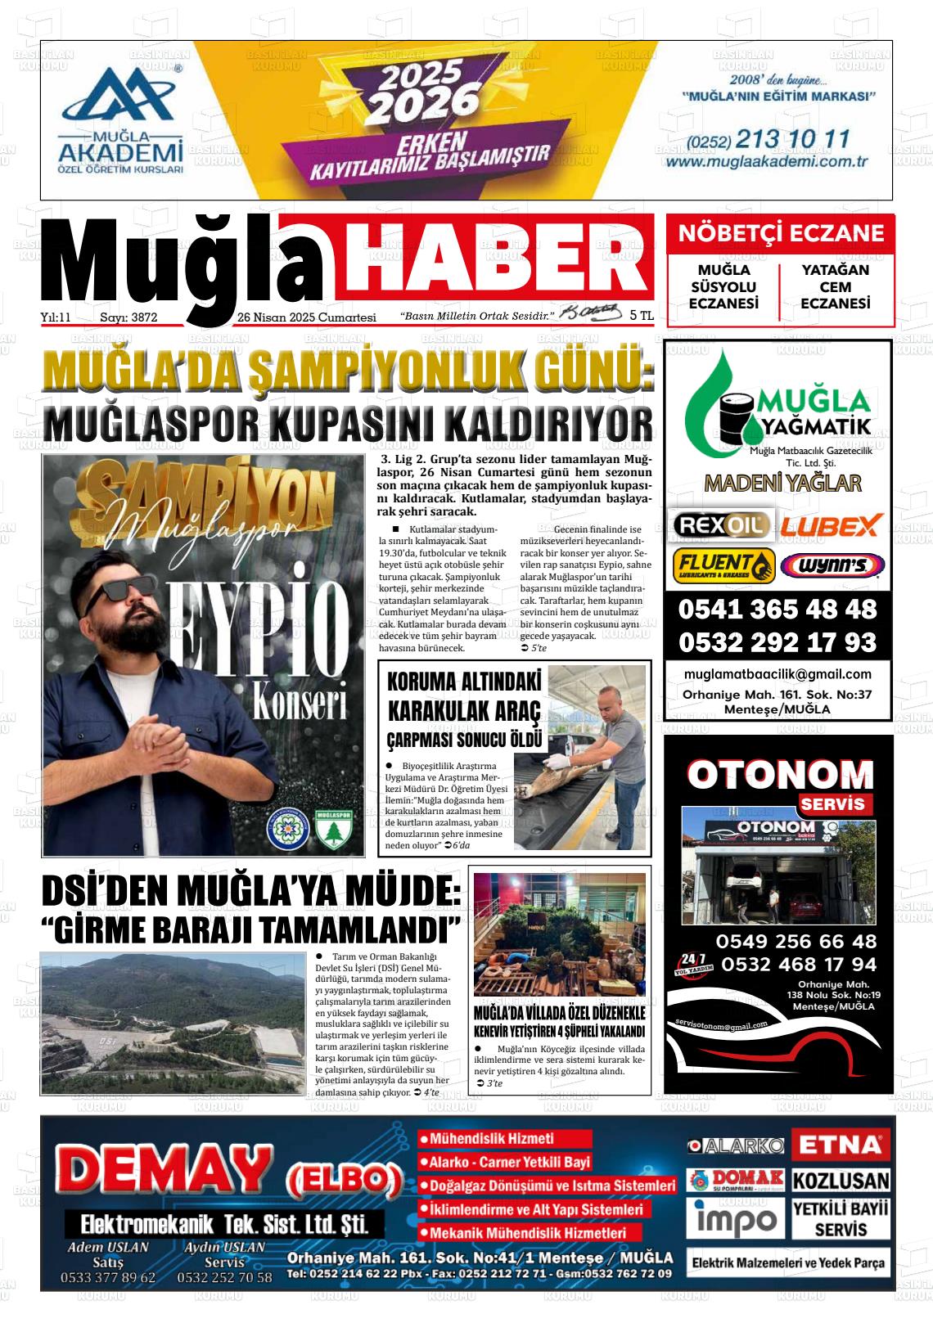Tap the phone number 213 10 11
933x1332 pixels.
[x=793, y=139]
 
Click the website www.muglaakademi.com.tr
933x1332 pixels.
[x=766, y=162]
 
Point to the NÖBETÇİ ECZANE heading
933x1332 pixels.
[x=781, y=233]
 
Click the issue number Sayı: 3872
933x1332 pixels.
[x=128, y=317]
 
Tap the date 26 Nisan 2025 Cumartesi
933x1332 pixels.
[x=306, y=317]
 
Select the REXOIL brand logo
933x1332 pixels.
[x=720, y=524]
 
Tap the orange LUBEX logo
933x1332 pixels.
[x=830, y=524]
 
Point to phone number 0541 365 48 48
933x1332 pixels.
[x=777, y=610]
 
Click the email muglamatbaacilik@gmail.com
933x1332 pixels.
[x=777, y=674]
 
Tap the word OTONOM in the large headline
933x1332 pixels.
[x=780, y=774]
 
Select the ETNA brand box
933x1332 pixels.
[x=841, y=1144]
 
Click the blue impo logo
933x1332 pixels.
[x=736, y=1219]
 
